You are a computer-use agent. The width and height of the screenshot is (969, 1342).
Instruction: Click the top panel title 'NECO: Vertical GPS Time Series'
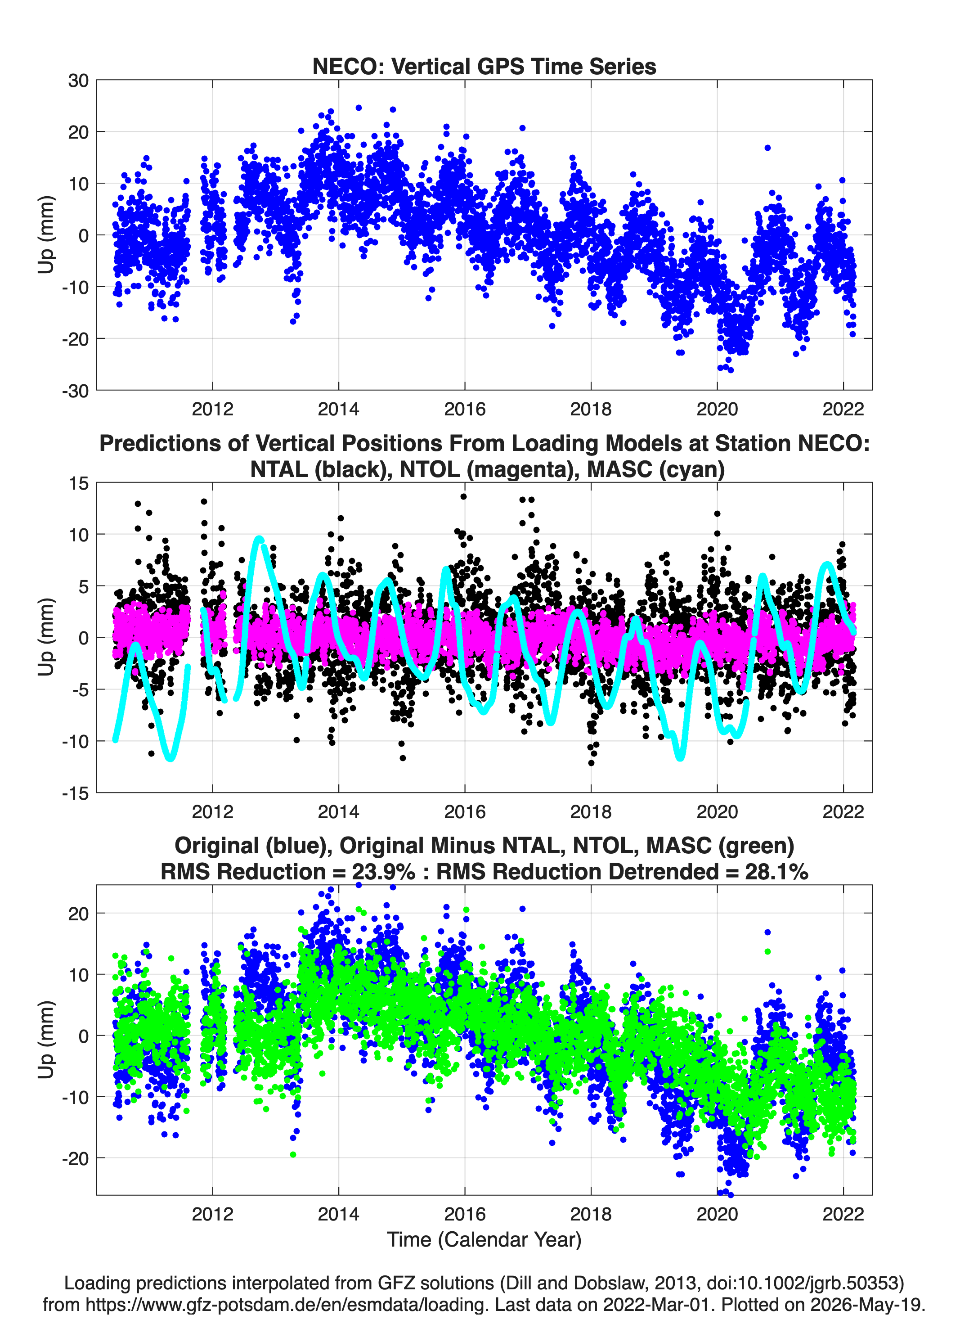click(484, 66)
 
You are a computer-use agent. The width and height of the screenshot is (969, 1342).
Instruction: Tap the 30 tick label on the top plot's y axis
click(78, 81)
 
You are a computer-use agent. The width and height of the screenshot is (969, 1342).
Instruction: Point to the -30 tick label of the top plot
click(75, 391)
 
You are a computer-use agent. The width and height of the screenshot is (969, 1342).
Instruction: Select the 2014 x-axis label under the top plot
click(338, 409)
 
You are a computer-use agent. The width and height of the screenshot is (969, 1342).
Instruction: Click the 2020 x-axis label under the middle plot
click(717, 811)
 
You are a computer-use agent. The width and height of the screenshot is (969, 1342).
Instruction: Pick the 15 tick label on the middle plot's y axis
click(79, 483)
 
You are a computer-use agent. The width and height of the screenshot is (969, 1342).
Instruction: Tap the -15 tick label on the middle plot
click(75, 793)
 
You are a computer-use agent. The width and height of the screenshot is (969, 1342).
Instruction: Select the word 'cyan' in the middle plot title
click(688, 469)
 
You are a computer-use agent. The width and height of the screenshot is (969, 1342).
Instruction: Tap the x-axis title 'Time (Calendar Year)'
click(484, 1239)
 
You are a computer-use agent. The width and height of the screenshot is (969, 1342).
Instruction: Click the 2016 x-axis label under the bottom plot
click(464, 1214)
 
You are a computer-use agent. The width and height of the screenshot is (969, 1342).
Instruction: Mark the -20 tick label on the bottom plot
click(75, 1158)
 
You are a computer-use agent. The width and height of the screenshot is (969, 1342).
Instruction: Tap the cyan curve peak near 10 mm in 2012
click(259, 539)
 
